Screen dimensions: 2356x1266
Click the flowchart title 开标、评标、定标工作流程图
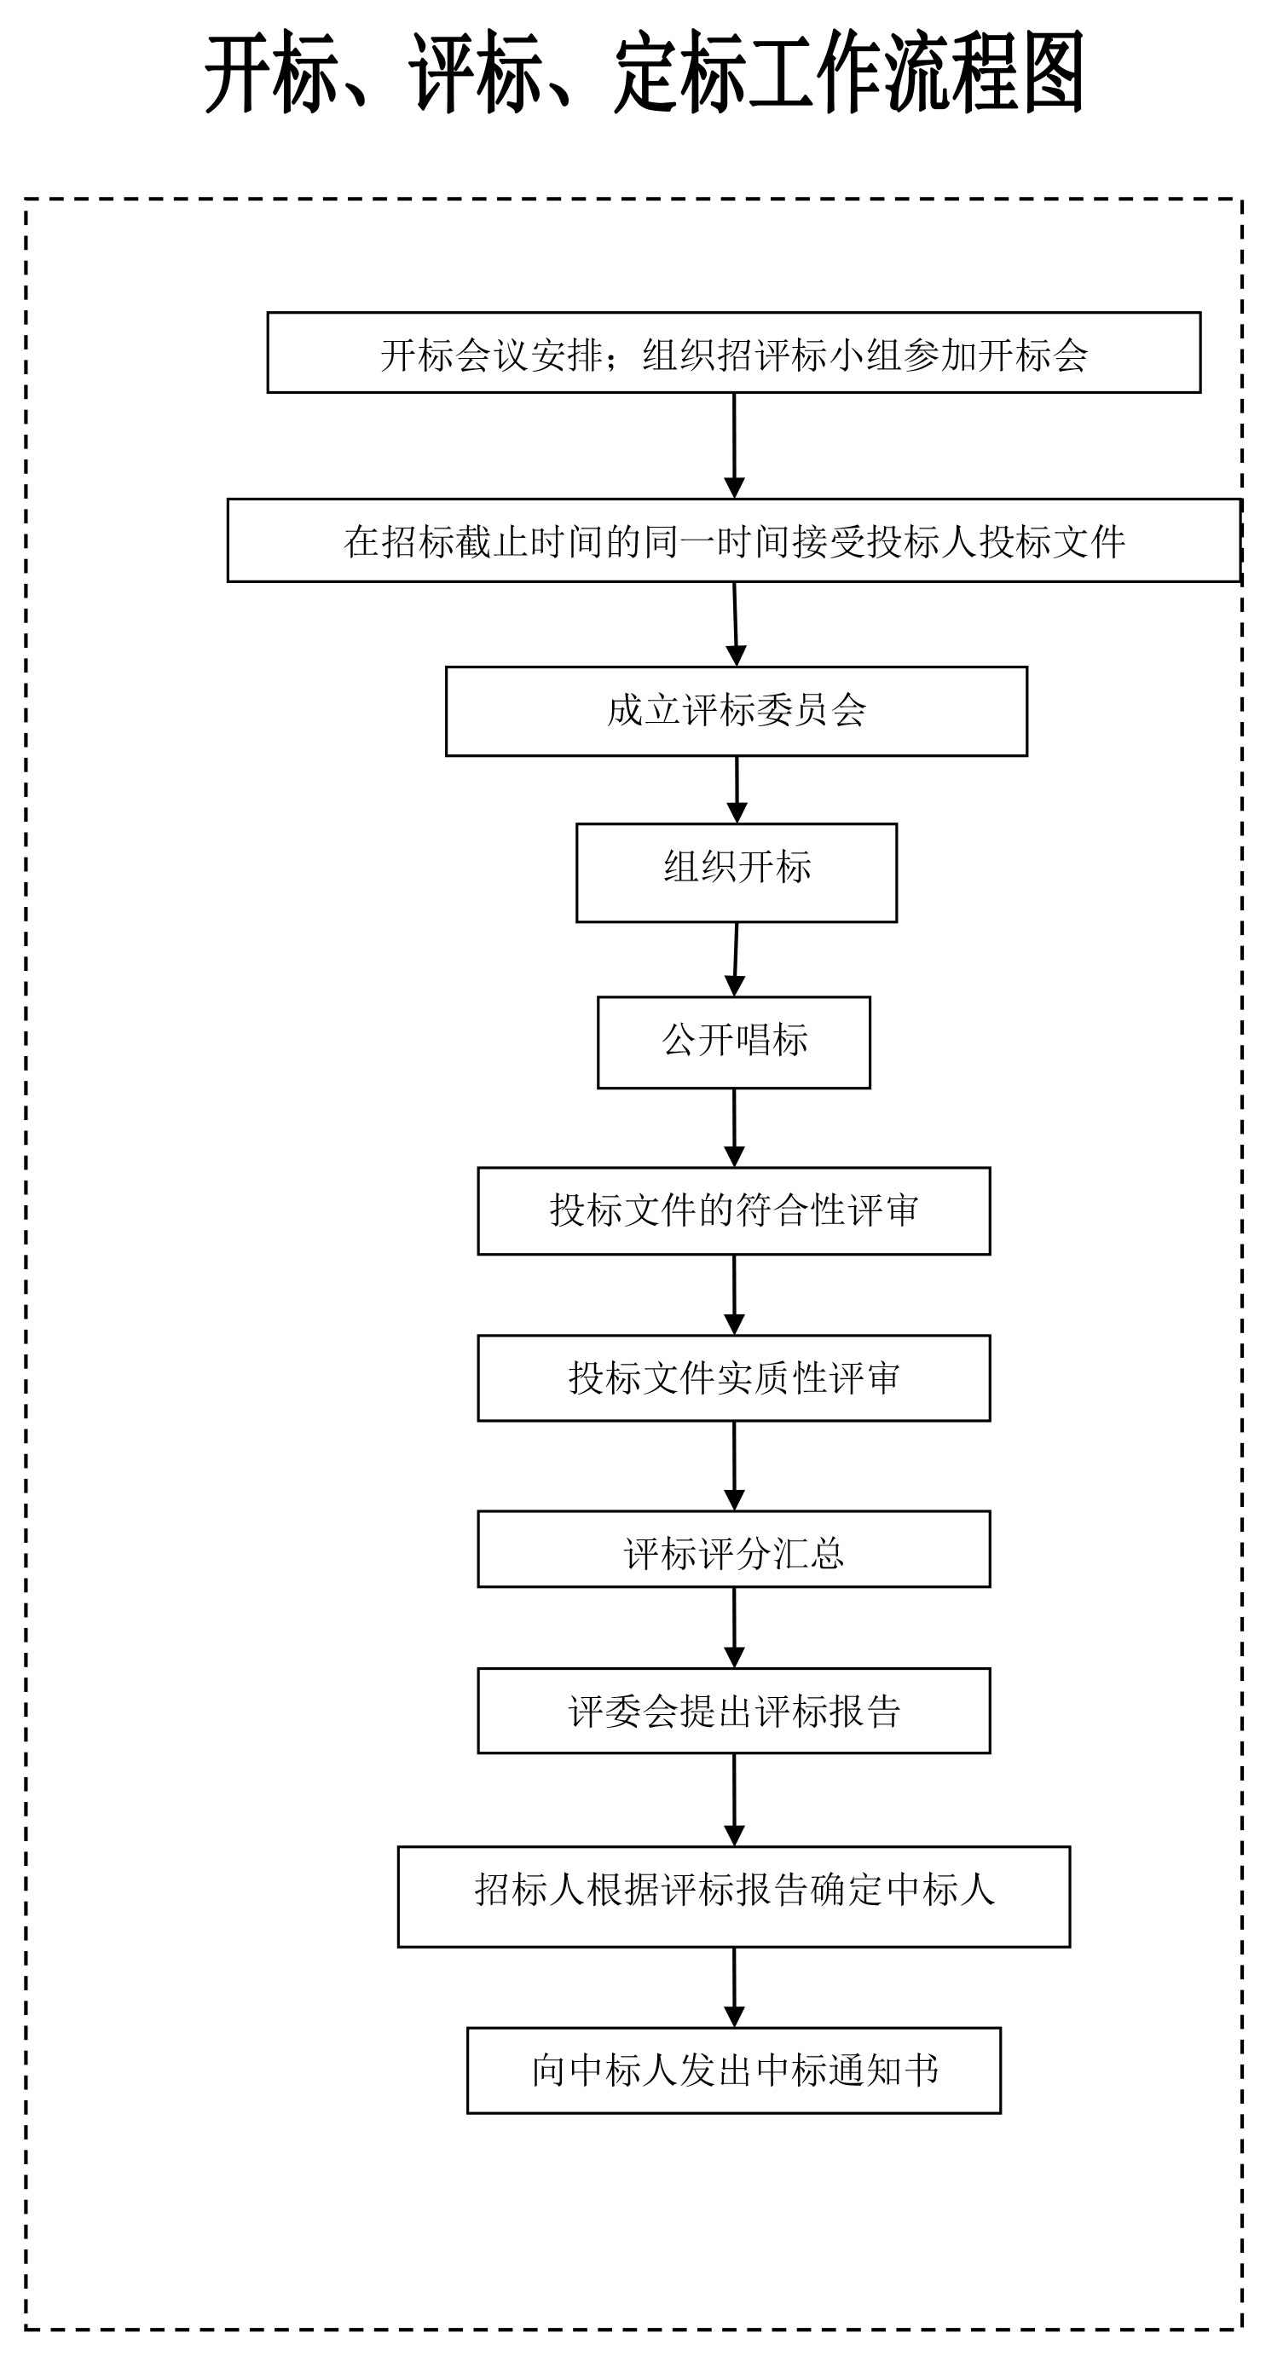tap(644, 73)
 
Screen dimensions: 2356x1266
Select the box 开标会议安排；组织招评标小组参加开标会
tap(734, 353)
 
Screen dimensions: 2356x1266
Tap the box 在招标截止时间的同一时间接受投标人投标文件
tap(734, 540)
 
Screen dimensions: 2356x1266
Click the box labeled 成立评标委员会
tap(737, 712)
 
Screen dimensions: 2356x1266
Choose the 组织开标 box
tap(737, 873)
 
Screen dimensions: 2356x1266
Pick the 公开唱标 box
tap(734, 1042)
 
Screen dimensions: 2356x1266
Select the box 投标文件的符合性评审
tap(734, 1211)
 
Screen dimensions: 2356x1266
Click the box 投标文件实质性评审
tap(734, 1378)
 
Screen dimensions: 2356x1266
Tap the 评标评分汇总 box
tap(734, 1550)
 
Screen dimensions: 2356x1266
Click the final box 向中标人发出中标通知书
tap(734, 2070)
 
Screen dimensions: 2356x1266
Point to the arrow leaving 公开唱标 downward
tap(734, 1128)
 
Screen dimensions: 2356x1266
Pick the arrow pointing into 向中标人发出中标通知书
tap(734, 1988)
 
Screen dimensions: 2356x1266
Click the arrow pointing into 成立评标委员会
tap(736, 624)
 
